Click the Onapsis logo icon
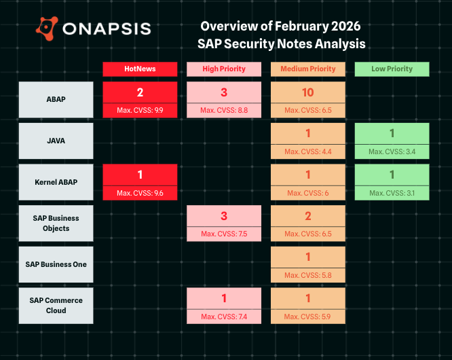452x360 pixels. [47, 28]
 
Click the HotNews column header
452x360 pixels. [140, 69]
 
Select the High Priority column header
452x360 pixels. [224, 69]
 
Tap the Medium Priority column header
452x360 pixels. [308, 69]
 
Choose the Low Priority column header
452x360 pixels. [392, 69]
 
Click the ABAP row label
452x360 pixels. [56, 100]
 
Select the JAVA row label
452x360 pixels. [56, 141]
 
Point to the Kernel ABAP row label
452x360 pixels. [56, 183]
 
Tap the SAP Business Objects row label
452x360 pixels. [56, 223]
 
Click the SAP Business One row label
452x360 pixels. [56, 264]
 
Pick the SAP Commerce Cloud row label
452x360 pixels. [56, 305]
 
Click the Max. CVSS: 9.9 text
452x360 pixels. [140, 110]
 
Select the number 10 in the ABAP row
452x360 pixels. [308, 92]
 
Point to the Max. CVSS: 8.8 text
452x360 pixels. [224, 110]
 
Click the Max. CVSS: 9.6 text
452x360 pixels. [140, 193]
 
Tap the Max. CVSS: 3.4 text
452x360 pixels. [392, 151]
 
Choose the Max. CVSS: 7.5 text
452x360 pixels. [224, 234]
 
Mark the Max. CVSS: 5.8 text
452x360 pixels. [308, 275]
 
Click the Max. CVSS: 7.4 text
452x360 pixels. [224, 317]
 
